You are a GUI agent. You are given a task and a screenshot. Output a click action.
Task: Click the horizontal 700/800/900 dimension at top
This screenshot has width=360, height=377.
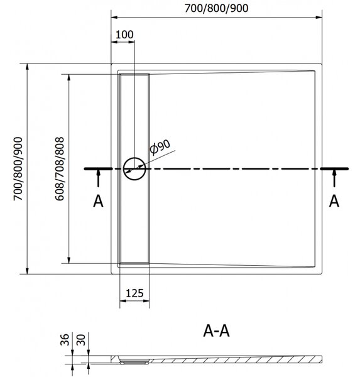coord(216,8)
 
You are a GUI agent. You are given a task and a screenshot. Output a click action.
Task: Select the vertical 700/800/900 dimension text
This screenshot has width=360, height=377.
coord(18,169)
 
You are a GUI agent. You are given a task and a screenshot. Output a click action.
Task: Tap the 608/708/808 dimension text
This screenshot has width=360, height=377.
coord(60,169)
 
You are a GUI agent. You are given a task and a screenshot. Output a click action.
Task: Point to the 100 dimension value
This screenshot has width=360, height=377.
coord(124,35)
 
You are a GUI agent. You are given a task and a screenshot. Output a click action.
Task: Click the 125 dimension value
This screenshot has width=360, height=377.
coord(134,293)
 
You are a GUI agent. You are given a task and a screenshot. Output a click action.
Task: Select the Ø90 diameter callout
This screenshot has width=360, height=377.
coord(160,146)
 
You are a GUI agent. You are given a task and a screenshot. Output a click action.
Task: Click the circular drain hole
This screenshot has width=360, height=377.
coord(134,169)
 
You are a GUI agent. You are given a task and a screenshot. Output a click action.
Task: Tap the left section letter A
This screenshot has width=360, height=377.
coord(98,201)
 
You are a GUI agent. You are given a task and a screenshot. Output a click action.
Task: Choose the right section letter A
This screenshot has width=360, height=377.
coord(334,201)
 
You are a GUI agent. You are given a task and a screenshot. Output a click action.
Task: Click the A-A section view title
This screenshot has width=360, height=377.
coord(216,331)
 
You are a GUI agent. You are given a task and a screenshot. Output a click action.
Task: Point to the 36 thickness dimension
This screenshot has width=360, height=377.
coord(65,339)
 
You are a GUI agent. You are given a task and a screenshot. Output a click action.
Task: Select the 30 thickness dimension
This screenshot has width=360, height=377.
coord(81,339)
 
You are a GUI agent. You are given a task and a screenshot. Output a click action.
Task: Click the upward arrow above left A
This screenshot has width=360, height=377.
coord(98,178)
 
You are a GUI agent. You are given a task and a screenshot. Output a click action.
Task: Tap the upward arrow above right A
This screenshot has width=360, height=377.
coord(334,178)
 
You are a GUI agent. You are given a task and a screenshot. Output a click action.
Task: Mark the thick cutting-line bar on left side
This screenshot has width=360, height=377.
coord(98,169)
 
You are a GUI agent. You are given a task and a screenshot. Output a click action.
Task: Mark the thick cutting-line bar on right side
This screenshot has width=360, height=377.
coord(334,169)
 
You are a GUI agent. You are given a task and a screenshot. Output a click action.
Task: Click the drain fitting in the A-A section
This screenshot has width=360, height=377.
coord(134,361)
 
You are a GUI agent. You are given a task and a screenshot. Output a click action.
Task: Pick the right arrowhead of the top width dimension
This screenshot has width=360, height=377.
coord(319,18)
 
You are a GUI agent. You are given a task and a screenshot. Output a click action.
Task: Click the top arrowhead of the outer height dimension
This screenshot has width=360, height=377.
coord(27,67)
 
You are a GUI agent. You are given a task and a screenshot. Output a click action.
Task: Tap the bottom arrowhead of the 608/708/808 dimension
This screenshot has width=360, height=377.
coord(69,260)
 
